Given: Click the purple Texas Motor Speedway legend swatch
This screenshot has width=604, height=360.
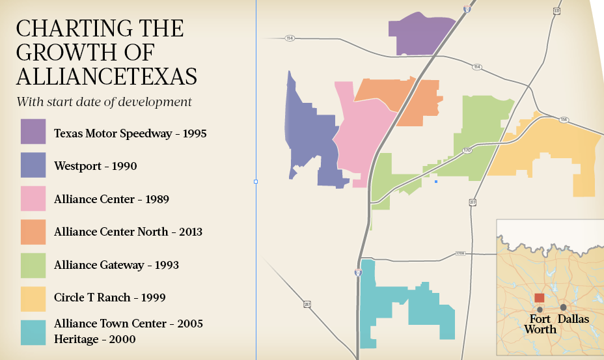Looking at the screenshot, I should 33,132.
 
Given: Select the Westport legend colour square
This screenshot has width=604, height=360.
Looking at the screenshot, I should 33,165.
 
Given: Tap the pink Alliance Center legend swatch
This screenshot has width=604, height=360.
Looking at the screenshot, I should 33,199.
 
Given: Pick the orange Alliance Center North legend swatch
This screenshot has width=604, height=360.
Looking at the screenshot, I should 33,232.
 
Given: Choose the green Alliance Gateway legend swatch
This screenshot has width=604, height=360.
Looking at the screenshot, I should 33,266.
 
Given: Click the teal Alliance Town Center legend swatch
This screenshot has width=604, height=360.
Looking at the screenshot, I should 33,332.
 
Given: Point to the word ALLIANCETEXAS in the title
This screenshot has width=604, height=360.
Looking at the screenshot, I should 106,76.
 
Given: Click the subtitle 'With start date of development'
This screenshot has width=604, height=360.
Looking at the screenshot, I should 104,102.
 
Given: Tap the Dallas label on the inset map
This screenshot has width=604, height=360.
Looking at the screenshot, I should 573,319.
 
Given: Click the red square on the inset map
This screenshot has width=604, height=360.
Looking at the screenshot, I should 540,298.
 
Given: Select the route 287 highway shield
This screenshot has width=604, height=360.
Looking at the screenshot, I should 306,303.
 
